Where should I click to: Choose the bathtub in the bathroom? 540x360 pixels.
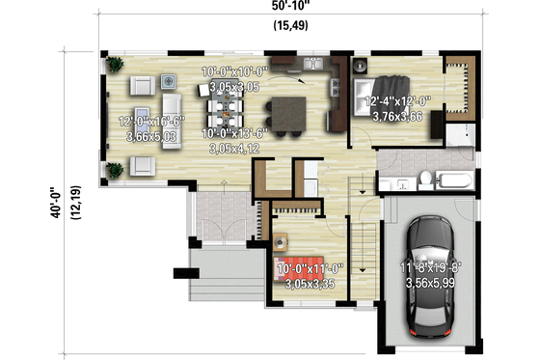pyautogui.click(x=454, y=180)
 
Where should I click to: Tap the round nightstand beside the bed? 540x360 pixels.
pyautogui.click(x=358, y=67)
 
